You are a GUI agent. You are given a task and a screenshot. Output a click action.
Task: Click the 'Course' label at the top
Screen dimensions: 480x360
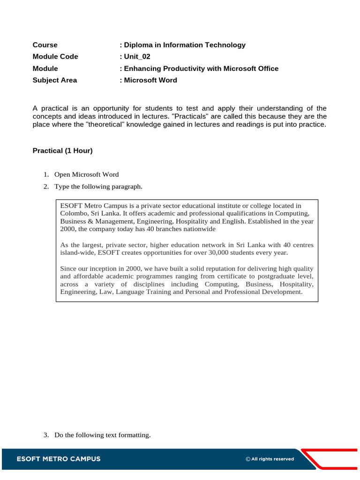coord(45,45)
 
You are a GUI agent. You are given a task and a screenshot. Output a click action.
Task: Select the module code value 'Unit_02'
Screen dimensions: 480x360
coord(136,57)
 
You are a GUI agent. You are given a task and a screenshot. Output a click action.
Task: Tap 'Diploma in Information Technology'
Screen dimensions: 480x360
coord(184,45)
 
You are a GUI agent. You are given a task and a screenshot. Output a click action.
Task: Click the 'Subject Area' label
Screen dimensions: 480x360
coord(54,80)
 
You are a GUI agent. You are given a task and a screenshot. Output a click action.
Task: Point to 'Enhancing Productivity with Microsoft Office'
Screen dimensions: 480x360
coord(201,68)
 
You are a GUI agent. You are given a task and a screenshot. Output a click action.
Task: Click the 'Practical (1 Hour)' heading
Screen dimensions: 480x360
coord(62,150)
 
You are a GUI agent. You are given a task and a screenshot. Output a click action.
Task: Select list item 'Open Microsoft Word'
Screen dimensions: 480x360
coord(86,174)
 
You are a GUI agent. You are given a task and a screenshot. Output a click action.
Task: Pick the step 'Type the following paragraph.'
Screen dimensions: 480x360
coord(98,187)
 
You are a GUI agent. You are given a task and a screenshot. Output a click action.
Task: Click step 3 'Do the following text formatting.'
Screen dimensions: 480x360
coord(102,435)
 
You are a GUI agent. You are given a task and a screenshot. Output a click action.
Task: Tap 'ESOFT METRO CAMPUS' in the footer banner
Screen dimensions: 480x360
coord(59,459)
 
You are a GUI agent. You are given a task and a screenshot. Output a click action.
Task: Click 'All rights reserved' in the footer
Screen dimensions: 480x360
coord(272,459)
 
